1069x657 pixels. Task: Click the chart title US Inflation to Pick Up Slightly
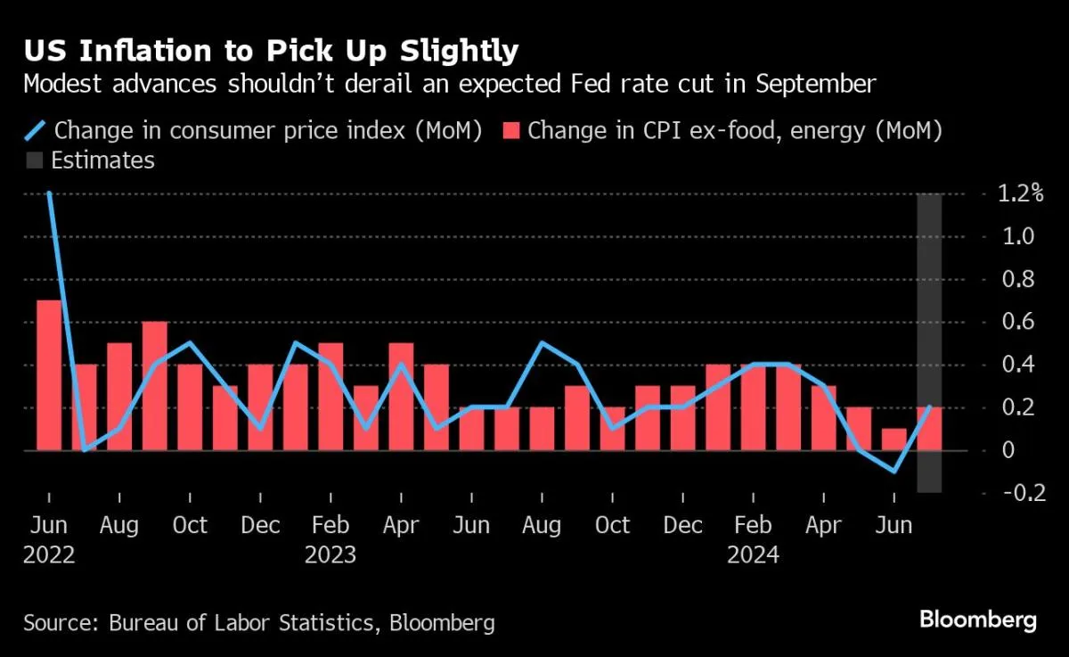click(271, 50)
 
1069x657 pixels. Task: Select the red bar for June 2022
click(49, 374)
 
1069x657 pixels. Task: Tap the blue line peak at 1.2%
click(49, 193)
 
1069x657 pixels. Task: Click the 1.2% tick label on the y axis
click(1019, 193)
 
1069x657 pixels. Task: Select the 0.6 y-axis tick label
click(1020, 322)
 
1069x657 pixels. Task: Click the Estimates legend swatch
click(34, 160)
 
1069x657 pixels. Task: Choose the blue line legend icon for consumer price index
click(35, 130)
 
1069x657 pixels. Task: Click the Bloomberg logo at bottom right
click(977, 620)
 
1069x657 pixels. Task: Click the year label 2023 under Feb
click(330, 554)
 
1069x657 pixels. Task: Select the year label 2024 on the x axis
click(753, 554)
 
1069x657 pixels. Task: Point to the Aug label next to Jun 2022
click(118, 525)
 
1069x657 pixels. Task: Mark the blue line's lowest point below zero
click(894, 472)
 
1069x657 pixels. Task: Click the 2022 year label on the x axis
click(49, 554)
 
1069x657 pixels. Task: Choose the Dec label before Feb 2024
click(682, 525)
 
